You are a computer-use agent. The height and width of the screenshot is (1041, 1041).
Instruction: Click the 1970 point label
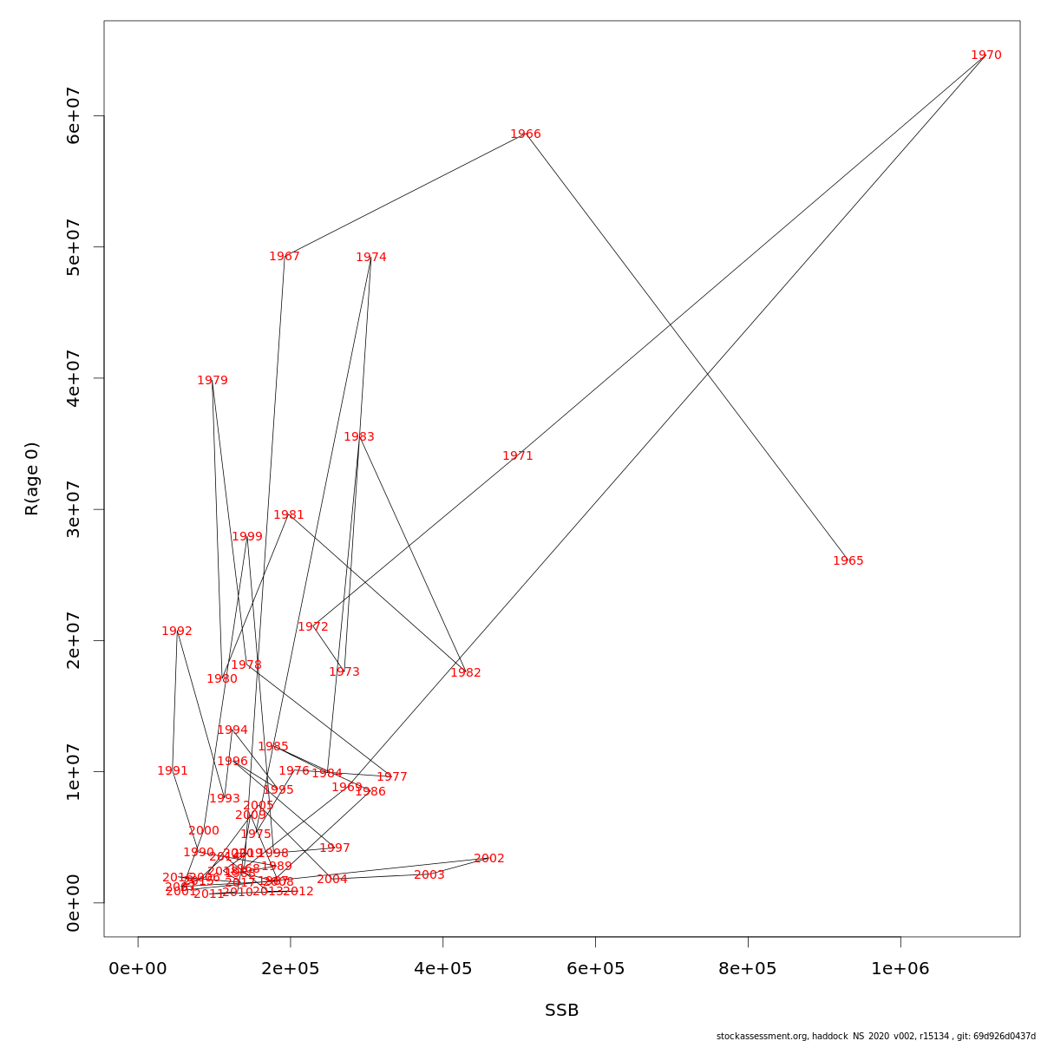pyautogui.click(x=986, y=56)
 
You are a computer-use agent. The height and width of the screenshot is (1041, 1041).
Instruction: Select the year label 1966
pyautogui.click(x=526, y=134)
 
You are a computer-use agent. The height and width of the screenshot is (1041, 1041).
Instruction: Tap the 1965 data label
pyautogui.click(x=848, y=561)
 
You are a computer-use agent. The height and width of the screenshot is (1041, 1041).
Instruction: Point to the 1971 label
pyautogui.click(x=518, y=456)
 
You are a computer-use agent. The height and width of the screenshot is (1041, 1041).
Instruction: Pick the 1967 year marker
pyautogui.click(x=285, y=257)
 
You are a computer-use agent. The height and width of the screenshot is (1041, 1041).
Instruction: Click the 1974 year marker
pyautogui.click(x=371, y=258)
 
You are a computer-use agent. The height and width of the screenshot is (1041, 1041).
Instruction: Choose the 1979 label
pyautogui.click(x=213, y=381)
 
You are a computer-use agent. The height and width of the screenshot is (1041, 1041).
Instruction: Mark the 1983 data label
pyautogui.click(x=359, y=437)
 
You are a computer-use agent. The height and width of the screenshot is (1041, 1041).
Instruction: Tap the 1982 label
pyautogui.click(x=466, y=673)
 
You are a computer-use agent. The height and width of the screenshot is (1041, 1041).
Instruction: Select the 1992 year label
pyautogui.click(x=177, y=632)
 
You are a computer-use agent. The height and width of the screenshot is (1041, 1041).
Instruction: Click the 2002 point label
pyautogui.click(x=489, y=859)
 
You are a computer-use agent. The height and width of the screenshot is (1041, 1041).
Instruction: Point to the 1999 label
pyautogui.click(x=247, y=537)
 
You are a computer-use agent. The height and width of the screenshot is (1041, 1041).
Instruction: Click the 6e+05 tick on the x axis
pyautogui.click(x=595, y=969)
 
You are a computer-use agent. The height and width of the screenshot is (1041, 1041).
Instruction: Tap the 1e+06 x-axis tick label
pyautogui.click(x=900, y=969)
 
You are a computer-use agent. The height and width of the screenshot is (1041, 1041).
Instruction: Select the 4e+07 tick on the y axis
pyautogui.click(x=74, y=378)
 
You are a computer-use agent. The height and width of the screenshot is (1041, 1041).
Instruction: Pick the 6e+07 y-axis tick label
pyautogui.click(x=74, y=116)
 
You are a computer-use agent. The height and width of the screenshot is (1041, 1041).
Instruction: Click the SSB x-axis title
pyautogui.click(x=562, y=1011)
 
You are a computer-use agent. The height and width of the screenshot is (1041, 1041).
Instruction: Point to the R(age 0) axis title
pyautogui.click(x=32, y=479)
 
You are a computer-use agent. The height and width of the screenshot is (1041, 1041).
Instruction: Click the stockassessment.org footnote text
pyautogui.click(x=876, y=1036)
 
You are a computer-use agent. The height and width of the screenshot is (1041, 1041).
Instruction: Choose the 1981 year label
pyautogui.click(x=289, y=515)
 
